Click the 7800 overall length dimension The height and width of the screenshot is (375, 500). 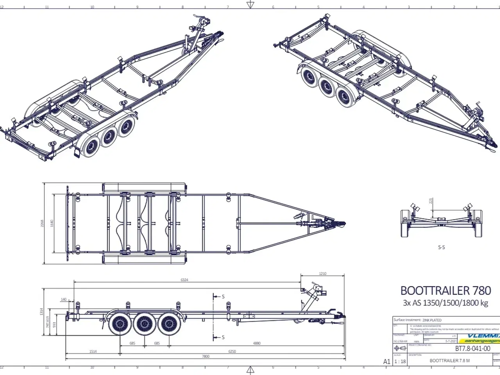205,356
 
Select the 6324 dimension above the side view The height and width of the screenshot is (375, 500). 184,280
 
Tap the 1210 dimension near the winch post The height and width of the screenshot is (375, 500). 322,273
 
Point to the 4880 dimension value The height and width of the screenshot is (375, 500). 256,343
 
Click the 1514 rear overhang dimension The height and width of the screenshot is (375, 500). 93,352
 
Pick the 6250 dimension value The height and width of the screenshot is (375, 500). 232,352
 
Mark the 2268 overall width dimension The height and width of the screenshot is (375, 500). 43,223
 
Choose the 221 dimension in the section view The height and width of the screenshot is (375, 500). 431,201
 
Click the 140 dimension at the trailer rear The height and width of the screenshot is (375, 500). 63,300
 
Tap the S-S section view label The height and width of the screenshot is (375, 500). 441,247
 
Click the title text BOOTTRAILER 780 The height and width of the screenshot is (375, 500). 445,291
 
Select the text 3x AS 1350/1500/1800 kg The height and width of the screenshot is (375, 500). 445,303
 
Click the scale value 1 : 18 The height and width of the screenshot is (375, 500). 400,361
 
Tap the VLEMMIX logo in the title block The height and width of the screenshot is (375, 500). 484,336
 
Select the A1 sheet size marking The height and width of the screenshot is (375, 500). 387,362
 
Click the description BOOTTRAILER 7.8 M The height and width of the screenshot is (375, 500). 450,361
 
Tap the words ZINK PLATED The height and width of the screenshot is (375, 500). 432,320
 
